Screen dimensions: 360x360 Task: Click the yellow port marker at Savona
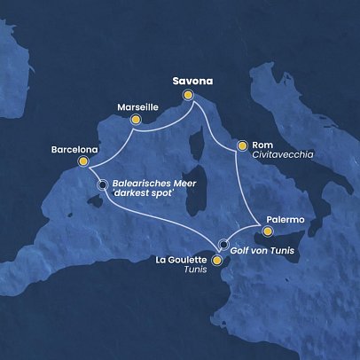coord(188,96)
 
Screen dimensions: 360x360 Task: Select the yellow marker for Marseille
coord(136,120)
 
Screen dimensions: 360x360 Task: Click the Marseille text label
coord(137,106)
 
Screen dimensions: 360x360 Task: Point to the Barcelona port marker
coord(83,162)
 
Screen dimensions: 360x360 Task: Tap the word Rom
coord(262,143)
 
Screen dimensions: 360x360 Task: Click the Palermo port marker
coord(267,231)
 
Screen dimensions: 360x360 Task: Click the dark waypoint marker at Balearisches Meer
coord(103,184)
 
